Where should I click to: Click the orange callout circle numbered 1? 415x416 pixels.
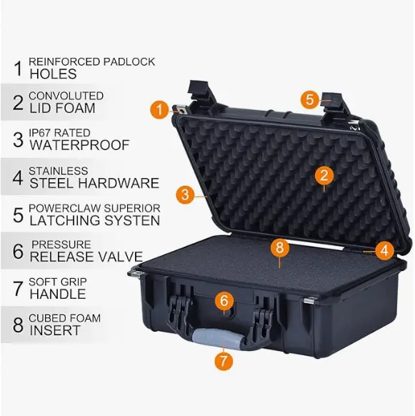tap(159, 109)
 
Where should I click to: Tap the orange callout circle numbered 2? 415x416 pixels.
tap(324, 175)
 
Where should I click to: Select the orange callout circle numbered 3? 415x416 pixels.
tap(186, 194)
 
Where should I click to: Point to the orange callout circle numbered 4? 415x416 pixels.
tap(385, 250)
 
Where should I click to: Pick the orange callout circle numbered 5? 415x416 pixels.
tap(310, 99)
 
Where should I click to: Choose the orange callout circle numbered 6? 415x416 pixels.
tap(224, 301)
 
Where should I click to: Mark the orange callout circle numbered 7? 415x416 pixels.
tap(224, 361)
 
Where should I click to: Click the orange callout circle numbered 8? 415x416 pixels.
tap(280, 247)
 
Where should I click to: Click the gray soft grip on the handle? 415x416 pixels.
tap(217, 338)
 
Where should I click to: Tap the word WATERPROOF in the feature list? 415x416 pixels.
tap(79, 145)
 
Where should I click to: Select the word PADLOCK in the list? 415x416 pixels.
tap(129, 61)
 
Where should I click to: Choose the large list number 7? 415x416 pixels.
tap(18, 288)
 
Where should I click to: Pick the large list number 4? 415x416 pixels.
tap(18, 177)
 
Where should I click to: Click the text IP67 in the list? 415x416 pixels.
tap(40, 133)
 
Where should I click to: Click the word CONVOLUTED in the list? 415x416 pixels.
tap(66, 96)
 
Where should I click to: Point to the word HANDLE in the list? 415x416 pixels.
tap(58, 294)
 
